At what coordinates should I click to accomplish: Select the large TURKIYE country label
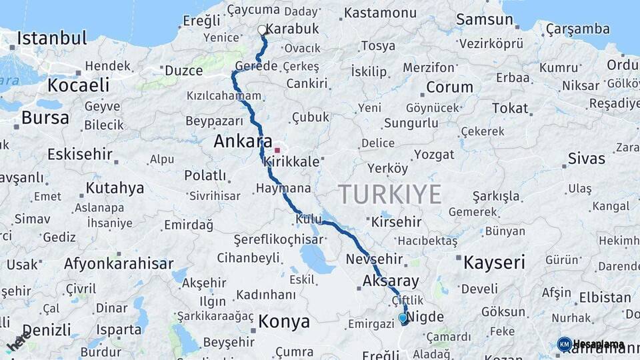pos(390,194)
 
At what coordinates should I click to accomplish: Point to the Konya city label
pos(284,322)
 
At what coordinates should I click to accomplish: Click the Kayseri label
pos(494,261)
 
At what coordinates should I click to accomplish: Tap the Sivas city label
pos(587,159)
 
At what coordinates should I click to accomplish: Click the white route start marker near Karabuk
pos(262,30)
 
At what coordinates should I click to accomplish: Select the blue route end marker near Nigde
pos(403,319)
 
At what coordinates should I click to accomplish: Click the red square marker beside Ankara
pos(277,150)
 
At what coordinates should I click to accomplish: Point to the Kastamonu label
pos(381,13)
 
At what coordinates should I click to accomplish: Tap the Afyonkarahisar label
pos(119,263)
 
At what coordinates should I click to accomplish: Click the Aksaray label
pos(391,281)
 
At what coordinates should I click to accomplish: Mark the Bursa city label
pos(45,118)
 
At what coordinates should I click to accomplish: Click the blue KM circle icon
pos(564,344)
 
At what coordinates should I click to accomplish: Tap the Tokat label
pos(510,108)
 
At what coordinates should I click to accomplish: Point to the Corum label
pos(449,87)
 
